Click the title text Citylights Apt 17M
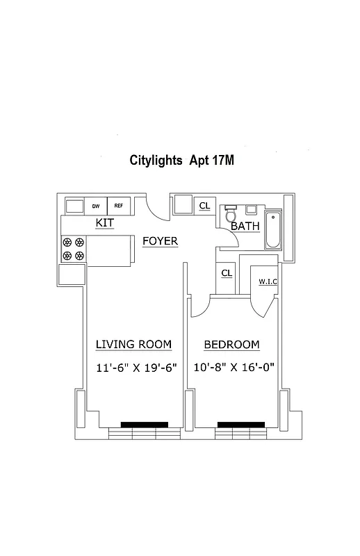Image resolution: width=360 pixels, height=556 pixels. (x=182, y=161)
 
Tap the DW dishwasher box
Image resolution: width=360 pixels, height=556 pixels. (x=95, y=206)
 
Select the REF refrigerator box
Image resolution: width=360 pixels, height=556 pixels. (x=119, y=206)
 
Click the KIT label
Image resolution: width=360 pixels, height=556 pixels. (x=105, y=223)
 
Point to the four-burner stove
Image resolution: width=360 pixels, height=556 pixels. (x=74, y=249)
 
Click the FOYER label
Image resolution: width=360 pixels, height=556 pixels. (x=160, y=241)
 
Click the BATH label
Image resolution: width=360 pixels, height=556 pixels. (x=245, y=227)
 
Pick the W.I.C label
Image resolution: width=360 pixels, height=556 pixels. (x=268, y=281)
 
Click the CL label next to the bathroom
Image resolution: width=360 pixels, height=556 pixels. (x=205, y=206)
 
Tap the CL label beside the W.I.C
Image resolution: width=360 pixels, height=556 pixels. (x=227, y=273)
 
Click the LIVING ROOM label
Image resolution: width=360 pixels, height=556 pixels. (x=133, y=345)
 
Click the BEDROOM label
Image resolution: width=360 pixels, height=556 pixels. (x=232, y=345)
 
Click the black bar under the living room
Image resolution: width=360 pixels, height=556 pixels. (x=144, y=424)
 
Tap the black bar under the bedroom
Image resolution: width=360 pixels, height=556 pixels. (x=240, y=424)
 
